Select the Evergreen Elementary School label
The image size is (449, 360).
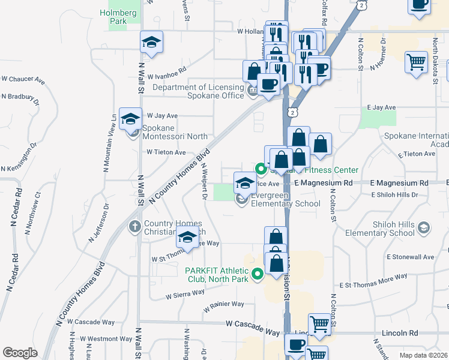[286, 199]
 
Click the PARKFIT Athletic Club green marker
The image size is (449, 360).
[258, 275]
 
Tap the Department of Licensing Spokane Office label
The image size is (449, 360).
[198, 91]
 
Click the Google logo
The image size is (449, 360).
[20, 353]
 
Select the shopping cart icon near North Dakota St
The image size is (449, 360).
[417, 62]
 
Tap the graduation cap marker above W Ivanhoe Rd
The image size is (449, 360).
[151, 42]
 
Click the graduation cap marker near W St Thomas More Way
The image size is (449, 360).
[187, 238]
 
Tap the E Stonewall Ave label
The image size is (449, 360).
[410, 257]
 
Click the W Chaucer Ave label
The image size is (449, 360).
[23, 79]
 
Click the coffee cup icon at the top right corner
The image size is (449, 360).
[419, 4]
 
